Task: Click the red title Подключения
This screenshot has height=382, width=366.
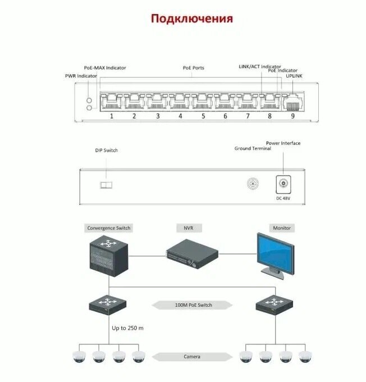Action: pyautogui.click(x=191, y=19)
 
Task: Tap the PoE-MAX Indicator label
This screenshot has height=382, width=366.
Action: pyautogui.click(x=105, y=68)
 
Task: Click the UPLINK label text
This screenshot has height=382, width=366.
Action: pyautogui.click(x=294, y=76)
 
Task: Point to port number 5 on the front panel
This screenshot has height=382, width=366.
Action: pyautogui.click(x=202, y=116)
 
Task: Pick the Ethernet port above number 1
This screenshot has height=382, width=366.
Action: pyautogui.click(x=111, y=102)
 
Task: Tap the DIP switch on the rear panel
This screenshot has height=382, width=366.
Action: pyautogui.click(x=106, y=184)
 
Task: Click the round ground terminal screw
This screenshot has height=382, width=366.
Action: pyautogui.click(x=254, y=184)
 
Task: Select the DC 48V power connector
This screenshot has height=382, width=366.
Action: pyautogui.click(x=283, y=184)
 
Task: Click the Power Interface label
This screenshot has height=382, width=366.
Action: pyautogui.click(x=283, y=143)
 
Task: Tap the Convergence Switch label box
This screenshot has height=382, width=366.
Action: pyautogui.click(x=109, y=228)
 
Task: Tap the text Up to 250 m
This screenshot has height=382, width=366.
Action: pyautogui.click(x=127, y=328)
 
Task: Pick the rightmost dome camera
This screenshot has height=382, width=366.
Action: pyautogui.click(x=304, y=356)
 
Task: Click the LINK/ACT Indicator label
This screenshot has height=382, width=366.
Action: pyautogui.click(x=260, y=67)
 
